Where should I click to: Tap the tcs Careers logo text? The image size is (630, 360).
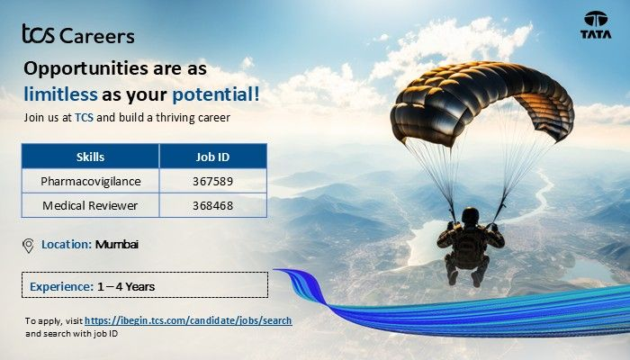click(x=78, y=35)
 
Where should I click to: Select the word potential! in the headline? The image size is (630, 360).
click(x=216, y=93)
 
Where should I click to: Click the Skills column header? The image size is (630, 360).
click(x=90, y=157)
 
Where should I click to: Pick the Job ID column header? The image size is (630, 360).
click(x=212, y=157)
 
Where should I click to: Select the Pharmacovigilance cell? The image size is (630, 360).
click(x=90, y=181)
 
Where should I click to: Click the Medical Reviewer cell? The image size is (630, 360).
click(x=90, y=205)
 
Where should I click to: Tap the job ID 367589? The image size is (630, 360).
click(x=212, y=181)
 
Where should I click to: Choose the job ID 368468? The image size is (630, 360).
click(x=212, y=205)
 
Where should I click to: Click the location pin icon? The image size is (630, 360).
click(x=29, y=245)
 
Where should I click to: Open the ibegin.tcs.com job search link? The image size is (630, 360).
click(x=188, y=320)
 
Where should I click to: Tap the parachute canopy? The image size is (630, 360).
click(x=481, y=103)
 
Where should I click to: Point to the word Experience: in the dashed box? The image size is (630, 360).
click(x=61, y=286)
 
